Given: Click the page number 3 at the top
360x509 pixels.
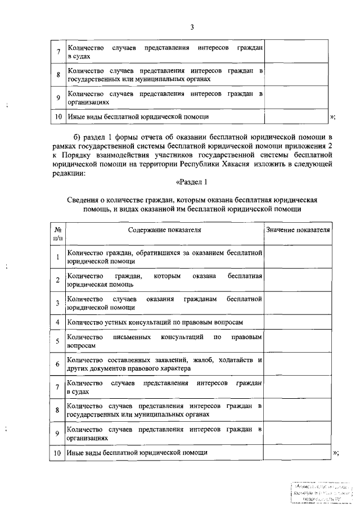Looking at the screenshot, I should tap(192, 28).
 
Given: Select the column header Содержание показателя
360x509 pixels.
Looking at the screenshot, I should tap(164, 230).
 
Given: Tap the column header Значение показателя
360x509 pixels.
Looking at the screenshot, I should tap(298, 230).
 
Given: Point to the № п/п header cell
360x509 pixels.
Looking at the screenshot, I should tap(57, 234).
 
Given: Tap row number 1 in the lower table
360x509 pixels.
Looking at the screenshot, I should tap(57, 258).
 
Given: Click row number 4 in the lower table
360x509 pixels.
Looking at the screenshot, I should tap(57, 322).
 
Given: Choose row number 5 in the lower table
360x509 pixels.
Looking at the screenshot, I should tap(57, 341).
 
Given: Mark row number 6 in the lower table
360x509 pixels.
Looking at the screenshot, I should tap(57, 364).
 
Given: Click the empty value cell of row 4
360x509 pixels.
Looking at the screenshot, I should tap(298, 322).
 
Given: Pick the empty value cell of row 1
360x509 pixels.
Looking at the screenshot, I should tap(298, 258).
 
